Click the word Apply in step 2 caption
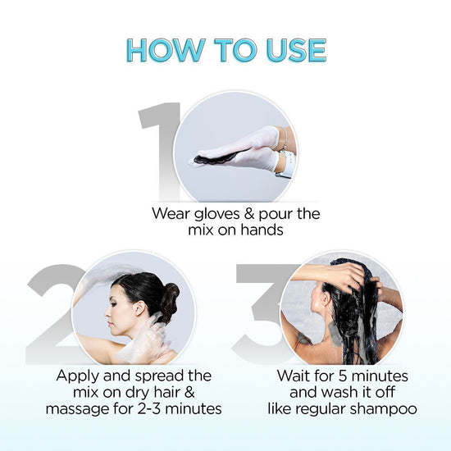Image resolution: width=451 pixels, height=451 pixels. (x=80, y=376)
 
